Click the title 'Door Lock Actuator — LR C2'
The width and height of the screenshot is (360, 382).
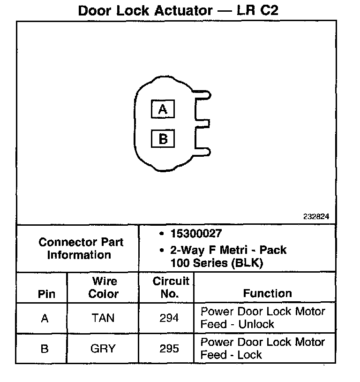(178, 10)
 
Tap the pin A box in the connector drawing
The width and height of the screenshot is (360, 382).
(163, 109)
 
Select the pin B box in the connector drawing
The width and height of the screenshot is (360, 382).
(163, 139)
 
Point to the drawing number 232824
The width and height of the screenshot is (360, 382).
(316, 217)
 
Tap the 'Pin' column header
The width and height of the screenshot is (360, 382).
(46, 294)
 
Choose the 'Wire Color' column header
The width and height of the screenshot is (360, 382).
(104, 288)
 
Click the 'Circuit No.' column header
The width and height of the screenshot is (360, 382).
(170, 287)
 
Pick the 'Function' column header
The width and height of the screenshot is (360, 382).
(267, 294)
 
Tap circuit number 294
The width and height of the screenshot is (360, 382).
(169, 318)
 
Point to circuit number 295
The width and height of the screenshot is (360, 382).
(169, 349)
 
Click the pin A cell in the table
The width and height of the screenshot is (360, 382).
(45, 319)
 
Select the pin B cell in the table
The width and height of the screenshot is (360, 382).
(45, 349)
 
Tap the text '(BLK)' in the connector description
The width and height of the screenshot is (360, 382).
(247, 263)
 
